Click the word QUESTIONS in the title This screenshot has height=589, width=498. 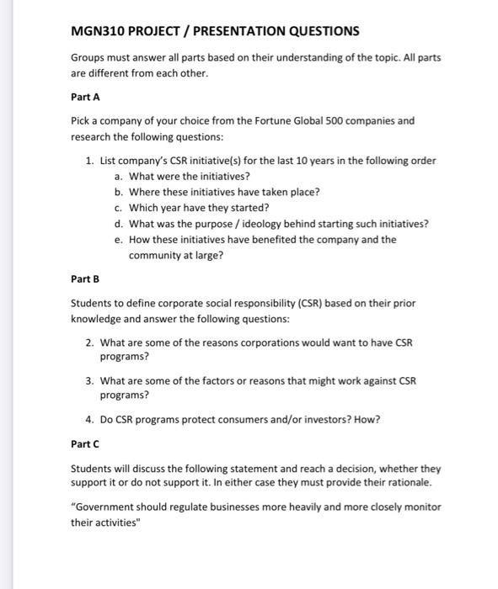pyautogui.click(x=318, y=31)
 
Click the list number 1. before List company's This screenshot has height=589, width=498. pyautogui.click(x=90, y=161)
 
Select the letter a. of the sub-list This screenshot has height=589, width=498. pyautogui.click(x=119, y=176)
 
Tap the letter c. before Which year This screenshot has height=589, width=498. pyautogui.click(x=119, y=207)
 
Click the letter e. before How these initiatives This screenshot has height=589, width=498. pyautogui.click(x=119, y=239)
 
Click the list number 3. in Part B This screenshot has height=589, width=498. pyautogui.click(x=90, y=380)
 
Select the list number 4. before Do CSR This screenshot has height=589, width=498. pyautogui.click(x=90, y=418)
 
